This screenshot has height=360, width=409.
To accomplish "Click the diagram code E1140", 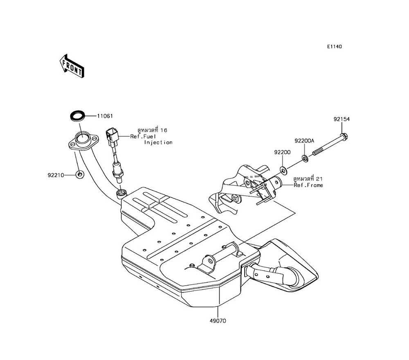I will point(334,47).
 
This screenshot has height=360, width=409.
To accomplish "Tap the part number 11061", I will point(105,116).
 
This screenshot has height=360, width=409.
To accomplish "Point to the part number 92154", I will point(341,119).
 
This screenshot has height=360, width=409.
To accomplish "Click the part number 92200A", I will point(304,141).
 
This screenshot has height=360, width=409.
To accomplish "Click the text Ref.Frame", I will point(308,185).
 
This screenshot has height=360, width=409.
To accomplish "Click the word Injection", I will point(158,142).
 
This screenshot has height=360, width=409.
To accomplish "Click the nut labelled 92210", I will point(79,175).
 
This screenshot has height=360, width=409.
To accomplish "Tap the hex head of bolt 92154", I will point(344,136).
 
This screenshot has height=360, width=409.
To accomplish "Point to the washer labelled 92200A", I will point(305,157).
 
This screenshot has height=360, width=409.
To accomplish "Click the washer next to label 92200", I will point(283,169).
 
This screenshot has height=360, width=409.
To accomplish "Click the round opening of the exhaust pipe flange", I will point(83,138).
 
